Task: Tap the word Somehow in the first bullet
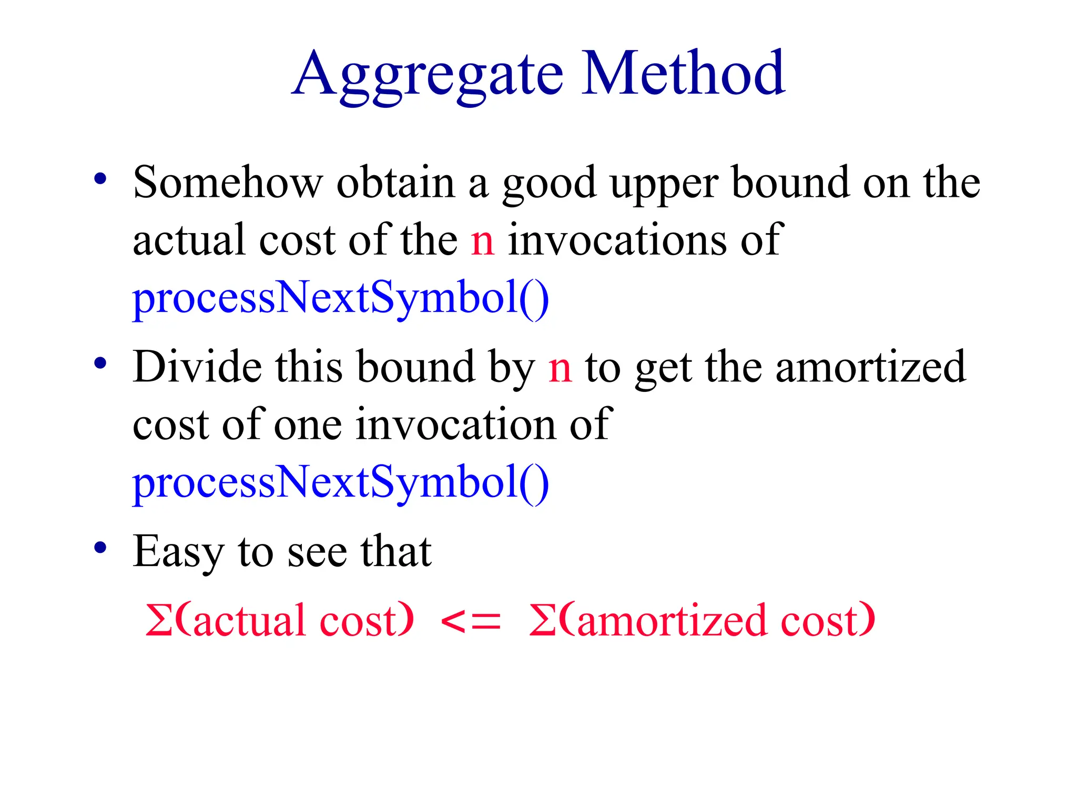click(228, 183)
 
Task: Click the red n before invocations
click(482, 240)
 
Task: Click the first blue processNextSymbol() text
click(341, 298)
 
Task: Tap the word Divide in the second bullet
click(197, 367)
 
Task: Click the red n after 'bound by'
click(560, 368)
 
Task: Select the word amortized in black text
click(870, 367)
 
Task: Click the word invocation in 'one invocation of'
click(455, 425)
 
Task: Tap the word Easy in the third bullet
click(178, 552)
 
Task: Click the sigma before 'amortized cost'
click(542, 620)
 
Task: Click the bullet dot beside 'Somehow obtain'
click(100, 179)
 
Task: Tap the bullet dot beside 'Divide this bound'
click(100, 363)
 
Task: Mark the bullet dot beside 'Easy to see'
click(100, 548)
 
